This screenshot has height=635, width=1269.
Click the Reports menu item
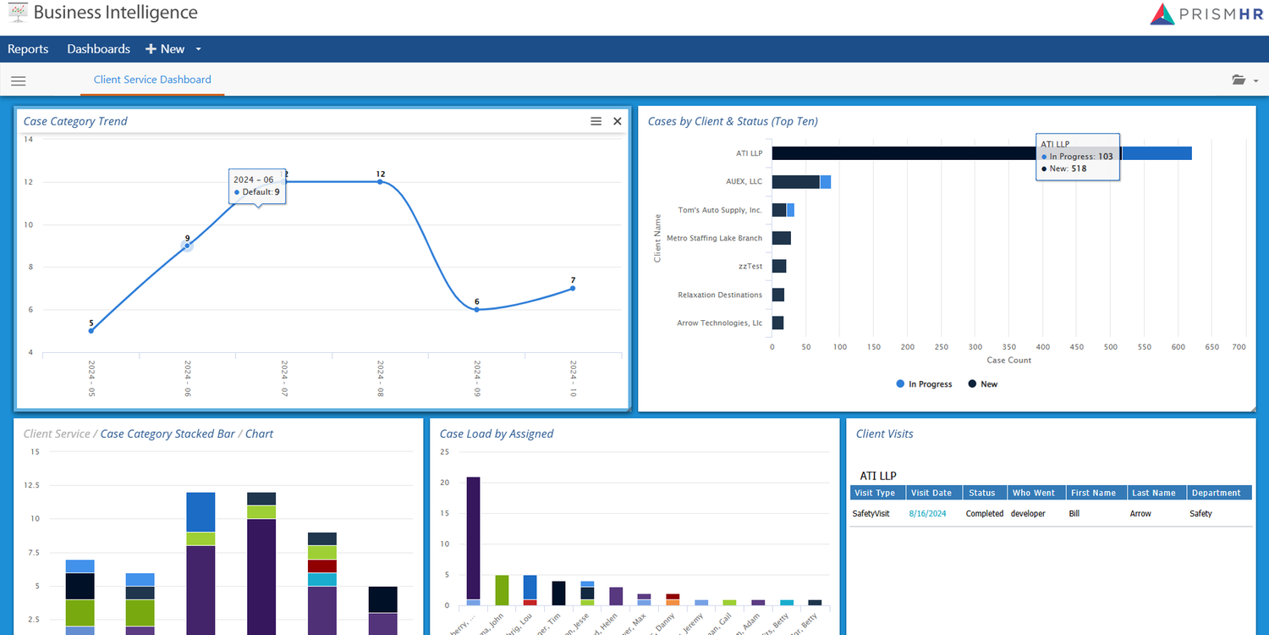pos(28,49)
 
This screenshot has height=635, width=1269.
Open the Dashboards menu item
pos(99,49)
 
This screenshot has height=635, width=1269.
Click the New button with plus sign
pos(166,49)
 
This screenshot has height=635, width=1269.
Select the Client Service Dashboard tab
pos(152,80)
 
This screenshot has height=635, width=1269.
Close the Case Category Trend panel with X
pos(618,122)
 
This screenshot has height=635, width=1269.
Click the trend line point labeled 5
pos(91,330)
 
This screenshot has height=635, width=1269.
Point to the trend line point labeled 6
pos(476,310)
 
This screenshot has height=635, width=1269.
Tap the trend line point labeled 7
pos(573,289)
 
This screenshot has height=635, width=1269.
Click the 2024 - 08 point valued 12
pos(380,182)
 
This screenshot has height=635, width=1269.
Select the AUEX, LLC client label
pos(744,182)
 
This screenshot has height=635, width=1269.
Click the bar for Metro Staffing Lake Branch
pos(781,239)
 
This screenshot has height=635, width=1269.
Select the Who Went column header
pos(1034,493)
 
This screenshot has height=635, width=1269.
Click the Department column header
pos(1216,493)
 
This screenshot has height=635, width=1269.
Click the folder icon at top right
pos(1239,80)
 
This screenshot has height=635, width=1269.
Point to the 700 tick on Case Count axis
pos(1239,347)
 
